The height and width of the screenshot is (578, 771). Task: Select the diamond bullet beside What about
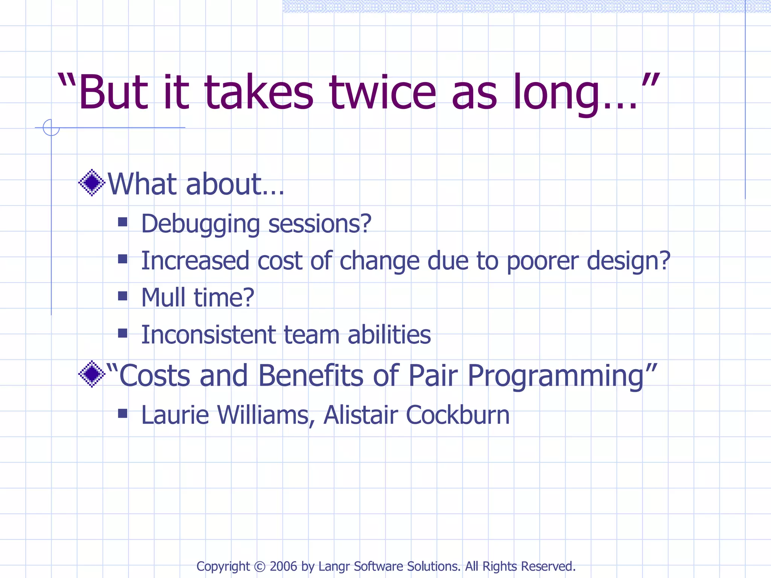point(91,183)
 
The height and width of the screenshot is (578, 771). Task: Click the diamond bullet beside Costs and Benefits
point(91,374)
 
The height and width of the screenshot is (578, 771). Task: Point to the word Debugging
point(200,224)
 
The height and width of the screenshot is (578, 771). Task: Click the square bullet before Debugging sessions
point(122,222)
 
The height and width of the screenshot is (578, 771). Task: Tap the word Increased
point(195,260)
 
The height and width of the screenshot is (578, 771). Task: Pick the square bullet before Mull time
point(122,296)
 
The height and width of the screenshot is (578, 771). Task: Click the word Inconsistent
point(209,335)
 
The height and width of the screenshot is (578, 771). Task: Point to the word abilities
point(389,335)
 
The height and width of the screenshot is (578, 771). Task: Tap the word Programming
point(556,376)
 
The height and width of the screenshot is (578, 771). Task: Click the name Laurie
point(175,415)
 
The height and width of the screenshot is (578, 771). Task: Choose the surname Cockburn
point(457,415)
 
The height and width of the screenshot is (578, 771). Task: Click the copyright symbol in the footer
point(260,566)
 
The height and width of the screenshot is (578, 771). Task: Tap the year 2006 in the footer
point(283,566)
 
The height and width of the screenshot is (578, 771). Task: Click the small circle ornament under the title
point(51,128)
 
